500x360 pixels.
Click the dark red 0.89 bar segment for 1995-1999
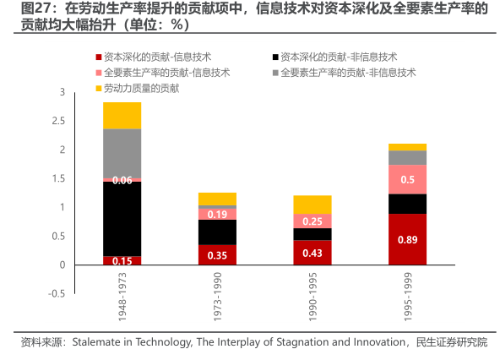pos(407,239)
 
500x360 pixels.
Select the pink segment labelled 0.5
pos(407,179)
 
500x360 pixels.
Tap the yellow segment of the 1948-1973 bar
pos(122,116)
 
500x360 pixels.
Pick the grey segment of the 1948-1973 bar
pos(122,154)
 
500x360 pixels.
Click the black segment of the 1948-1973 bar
pos(122,219)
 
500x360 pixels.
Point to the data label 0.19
pos(217,214)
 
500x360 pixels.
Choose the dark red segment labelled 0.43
pos(312,253)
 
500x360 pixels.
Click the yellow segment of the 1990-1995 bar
pos(312,205)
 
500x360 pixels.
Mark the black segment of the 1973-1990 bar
pos(217,232)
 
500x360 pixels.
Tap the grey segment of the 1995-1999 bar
pos(407,158)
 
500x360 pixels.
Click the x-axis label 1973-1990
pos(217,297)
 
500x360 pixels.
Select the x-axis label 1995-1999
pos(408,297)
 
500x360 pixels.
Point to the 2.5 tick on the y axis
pos(58,121)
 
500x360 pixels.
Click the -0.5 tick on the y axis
pos(57,293)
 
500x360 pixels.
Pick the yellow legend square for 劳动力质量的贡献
pos(99,89)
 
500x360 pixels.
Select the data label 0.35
pos(217,255)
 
